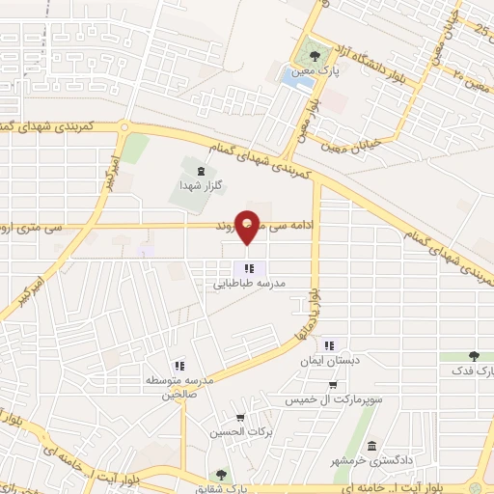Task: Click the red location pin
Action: pyautogui.click(x=248, y=226)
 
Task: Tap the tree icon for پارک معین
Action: pyautogui.click(x=313, y=54)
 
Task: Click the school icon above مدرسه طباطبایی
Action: pyautogui.click(x=248, y=269)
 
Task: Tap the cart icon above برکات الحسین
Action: pyautogui.click(x=239, y=417)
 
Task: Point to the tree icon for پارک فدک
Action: pyautogui.click(x=474, y=356)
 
